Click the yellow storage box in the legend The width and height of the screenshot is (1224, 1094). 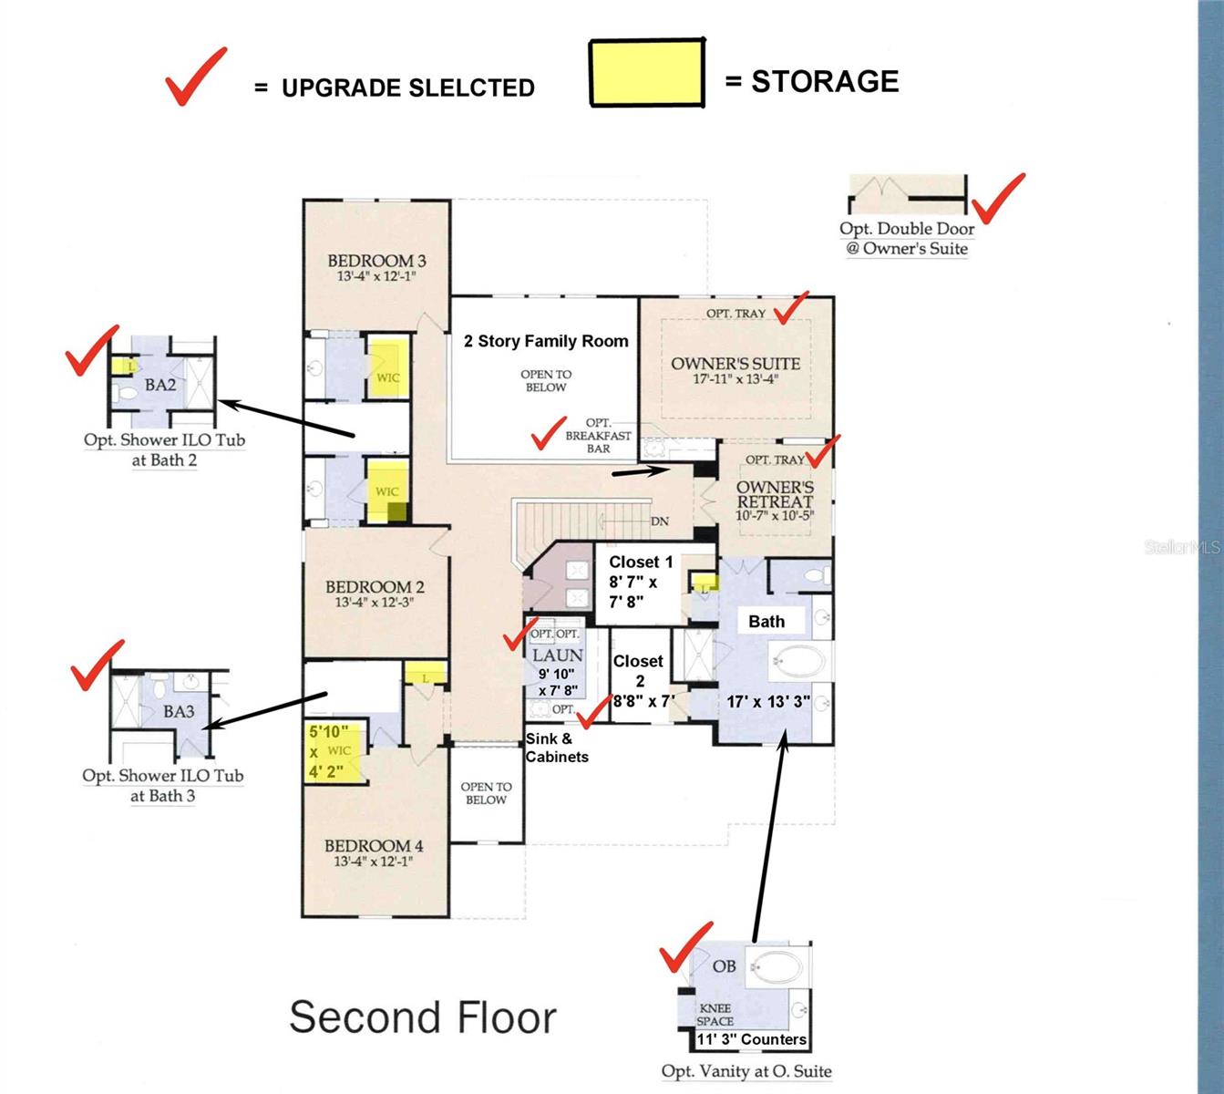(647, 73)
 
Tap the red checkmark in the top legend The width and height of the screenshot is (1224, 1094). (194, 77)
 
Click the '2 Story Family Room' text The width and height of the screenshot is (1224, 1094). (546, 341)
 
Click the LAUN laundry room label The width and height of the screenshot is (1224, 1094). (557, 655)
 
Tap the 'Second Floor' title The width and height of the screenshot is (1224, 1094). (422, 1017)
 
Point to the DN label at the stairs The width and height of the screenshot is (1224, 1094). (660, 521)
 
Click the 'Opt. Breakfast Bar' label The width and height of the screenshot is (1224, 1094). (598, 436)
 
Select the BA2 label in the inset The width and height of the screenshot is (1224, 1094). (160, 385)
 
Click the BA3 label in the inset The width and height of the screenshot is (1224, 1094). (179, 711)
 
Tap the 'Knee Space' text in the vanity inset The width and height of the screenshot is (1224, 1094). (715, 1015)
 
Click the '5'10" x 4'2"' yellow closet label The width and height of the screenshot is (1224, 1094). (328, 753)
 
